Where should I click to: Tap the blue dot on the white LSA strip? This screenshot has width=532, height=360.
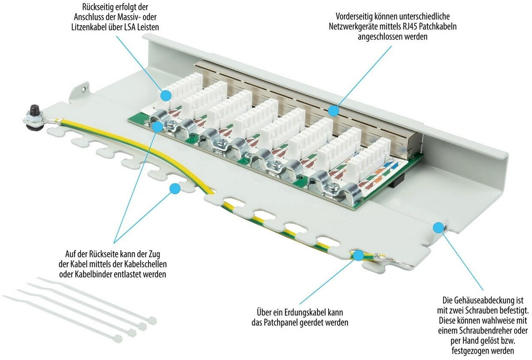coord(166,96)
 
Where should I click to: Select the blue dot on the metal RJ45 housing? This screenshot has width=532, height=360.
coord(334,111)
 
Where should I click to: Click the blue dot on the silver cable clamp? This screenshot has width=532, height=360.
coord(157,127)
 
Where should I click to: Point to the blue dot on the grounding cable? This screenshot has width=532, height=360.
coord(358,255)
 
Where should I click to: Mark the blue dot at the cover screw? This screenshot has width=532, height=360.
coord(438,227)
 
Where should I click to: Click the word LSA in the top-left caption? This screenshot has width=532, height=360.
coord(130,27)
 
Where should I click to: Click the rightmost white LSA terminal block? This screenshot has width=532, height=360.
coord(369,157)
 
